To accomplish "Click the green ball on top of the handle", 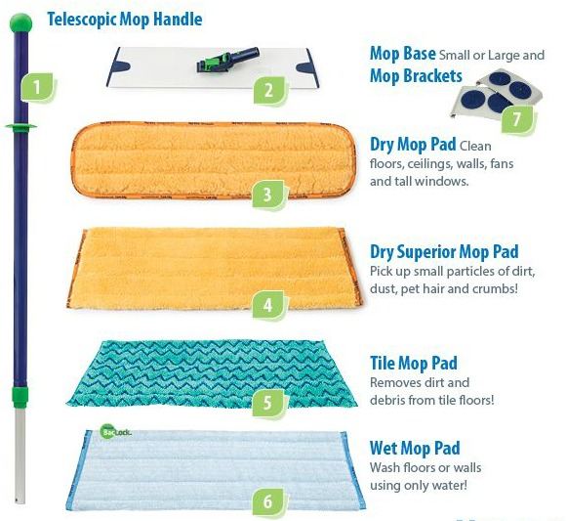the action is pos(20,22).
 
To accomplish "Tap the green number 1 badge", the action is pos(37,88).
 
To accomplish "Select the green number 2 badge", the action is pos(270,90).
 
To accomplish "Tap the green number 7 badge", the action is pos(517,118).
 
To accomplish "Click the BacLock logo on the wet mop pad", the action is pos(115,432).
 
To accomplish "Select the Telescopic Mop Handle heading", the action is pos(125,20).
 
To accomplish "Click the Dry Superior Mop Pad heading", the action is pos(444,252).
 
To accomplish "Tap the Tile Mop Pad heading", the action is pos(414,364).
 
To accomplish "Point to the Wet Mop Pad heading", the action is pos(415,449).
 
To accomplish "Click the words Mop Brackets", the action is pos(416,76).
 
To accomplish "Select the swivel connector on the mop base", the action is pos(227,60).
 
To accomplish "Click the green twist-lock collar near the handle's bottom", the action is pos(20,396).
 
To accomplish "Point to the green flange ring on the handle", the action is pos(20,126).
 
